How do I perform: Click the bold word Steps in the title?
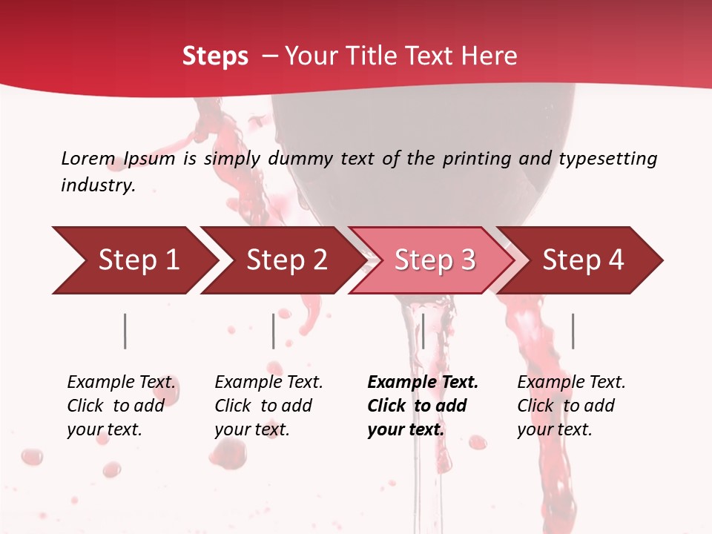coord(215,56)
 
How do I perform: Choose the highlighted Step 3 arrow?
coord(435,260)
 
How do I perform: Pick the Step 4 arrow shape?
coord(583,260)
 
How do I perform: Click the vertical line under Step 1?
coord(125,331)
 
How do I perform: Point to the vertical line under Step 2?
coord(274,331)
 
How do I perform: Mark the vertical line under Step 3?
coord(423,331)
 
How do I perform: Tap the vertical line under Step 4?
coord(573,331)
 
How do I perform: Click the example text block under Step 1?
coord(122,406)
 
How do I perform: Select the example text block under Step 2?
coord(268,406)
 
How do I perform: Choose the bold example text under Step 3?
coord(423,406)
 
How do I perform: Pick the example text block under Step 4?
coord(571,406)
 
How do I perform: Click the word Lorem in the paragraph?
coord(88,158)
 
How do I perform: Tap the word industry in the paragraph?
coord(97,185)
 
